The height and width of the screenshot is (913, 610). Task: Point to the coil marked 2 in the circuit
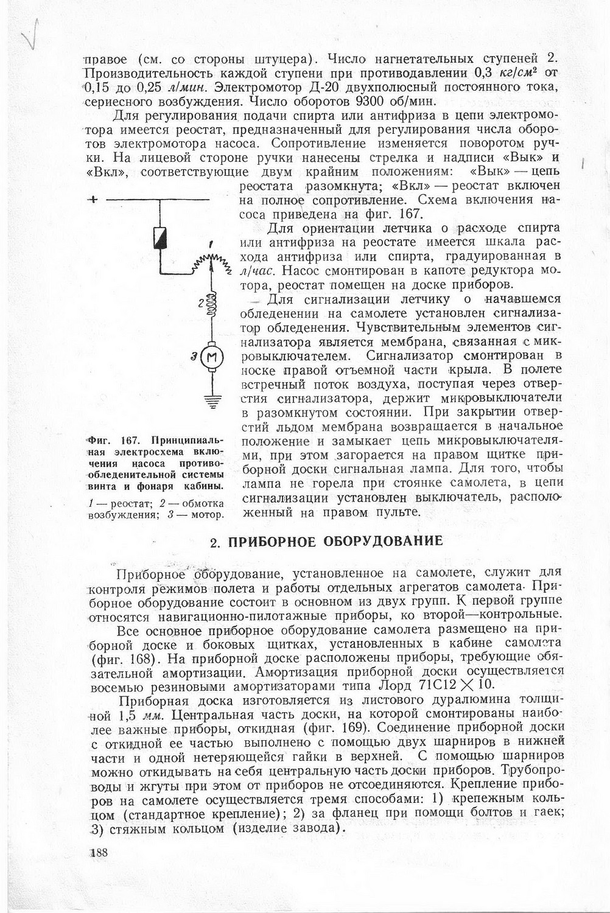point(212,303)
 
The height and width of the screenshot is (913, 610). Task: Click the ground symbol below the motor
point(212,401)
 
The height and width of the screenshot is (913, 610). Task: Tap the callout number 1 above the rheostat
point(211,245)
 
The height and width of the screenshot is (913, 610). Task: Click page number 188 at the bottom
point(99,852)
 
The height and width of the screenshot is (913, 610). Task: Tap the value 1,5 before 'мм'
point(126,715)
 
